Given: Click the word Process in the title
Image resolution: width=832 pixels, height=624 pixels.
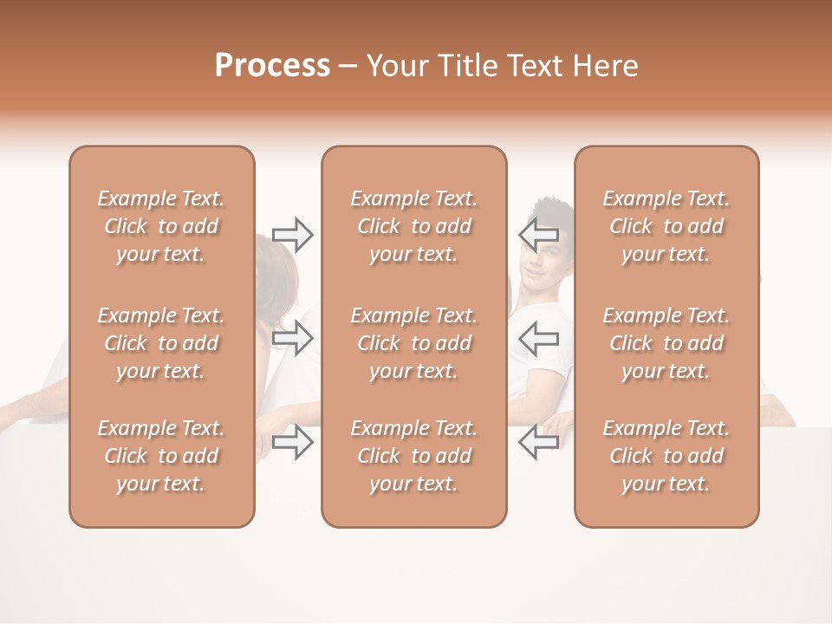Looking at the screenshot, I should (272, 66).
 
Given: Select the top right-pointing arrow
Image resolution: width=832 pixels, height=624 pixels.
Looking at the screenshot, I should (293, 234).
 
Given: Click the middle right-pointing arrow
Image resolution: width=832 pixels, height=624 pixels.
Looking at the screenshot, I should (293, 338).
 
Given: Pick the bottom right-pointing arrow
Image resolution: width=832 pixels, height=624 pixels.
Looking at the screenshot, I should (293, 442).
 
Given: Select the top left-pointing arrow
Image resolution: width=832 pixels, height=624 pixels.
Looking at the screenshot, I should (538, 234).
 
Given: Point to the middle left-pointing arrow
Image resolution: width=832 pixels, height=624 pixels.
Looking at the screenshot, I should (538, 338).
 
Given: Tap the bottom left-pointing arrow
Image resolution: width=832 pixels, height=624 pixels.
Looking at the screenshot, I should (538, 442).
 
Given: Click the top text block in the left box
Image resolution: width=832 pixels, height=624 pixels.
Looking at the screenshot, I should (161, 226).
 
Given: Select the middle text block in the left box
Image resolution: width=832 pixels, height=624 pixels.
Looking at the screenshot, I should (161, 343).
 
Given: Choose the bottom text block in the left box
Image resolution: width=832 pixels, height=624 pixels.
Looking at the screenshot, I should (161, 456).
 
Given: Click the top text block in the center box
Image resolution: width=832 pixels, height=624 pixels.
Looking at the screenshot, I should (414, 226).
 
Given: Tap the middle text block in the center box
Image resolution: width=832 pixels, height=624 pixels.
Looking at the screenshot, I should (414, 343).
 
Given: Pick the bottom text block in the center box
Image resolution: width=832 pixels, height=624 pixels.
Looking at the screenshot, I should (414, 456).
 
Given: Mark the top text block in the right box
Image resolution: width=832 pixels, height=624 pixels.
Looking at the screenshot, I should (666, 226).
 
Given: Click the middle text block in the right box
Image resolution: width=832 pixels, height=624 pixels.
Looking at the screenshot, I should (666, 343).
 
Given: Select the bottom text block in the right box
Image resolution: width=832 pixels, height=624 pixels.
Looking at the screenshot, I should (666, 456).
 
